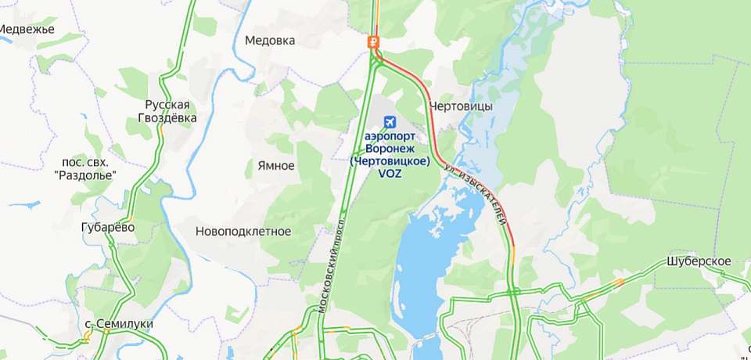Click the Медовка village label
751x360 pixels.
(x=270, y=41)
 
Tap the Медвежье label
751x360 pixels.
(x=26, y=29)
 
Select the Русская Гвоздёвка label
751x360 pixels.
(x=167, y=111)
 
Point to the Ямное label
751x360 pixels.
(x=275, y=166)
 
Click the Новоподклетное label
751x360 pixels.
(x=243, y=232)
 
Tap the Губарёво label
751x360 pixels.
(x=108, y=227)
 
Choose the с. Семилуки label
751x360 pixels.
(x=119, y=323)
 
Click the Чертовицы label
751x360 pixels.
(x=461, y=106)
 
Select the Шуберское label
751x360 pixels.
(x=699, y=261)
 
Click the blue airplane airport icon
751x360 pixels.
(x=390, y=121)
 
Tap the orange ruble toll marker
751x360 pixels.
(x=374, y=41)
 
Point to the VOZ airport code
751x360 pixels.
(x=390, y=174)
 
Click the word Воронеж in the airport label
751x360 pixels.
(x=390, y=148)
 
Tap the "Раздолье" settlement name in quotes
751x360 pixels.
(x=86, y=175)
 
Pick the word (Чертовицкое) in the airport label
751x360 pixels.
(x=390, y=161)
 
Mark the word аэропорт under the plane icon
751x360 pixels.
(x=390, y=135)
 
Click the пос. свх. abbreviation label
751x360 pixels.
(x=85, y=162)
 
